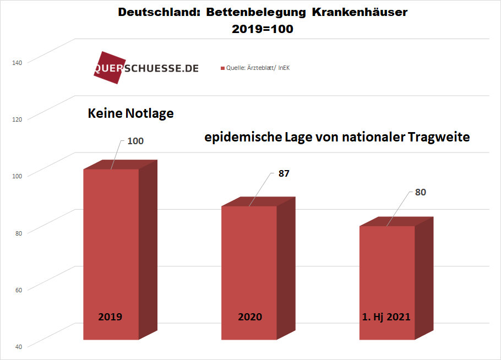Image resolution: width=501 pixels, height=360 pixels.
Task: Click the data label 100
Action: [x=135, y=141]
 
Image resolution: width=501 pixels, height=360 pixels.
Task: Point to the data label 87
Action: [x=284, y=173]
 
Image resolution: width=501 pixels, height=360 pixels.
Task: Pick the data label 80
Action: [x=421, y=192]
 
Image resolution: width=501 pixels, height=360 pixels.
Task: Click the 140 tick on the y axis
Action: [x=17, y=62]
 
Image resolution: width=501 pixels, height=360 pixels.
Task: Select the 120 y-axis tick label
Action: [x=17, y=119]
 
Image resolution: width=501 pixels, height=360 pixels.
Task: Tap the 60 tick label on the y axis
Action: [x=18, y=289]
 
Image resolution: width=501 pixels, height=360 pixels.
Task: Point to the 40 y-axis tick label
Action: [x=18, y=346]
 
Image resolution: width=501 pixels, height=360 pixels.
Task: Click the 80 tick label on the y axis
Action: [x=18, y=232]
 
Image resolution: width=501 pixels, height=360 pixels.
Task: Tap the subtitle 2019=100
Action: [x=263, y=30]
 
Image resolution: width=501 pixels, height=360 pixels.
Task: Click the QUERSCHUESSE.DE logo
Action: [x=146, y=68]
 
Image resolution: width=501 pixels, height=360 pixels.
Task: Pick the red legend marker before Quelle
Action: [x=222, y=68]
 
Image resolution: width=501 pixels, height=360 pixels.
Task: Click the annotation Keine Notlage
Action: [x=131, y=114]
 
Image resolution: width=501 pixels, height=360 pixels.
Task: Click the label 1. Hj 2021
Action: [x=386, y=317]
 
